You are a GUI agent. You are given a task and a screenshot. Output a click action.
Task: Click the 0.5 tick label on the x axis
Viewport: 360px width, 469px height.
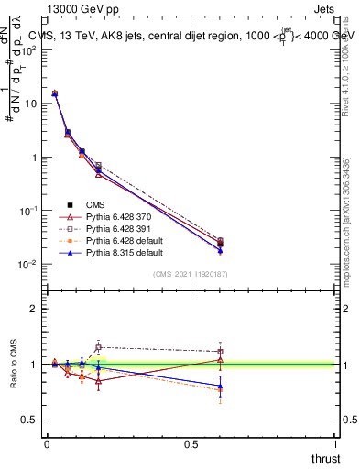(x=191, y=444)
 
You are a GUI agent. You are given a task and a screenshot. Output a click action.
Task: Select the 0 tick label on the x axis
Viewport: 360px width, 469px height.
(x=47, y=444)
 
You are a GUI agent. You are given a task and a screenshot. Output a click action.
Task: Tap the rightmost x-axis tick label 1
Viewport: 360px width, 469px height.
(x=336, y=444)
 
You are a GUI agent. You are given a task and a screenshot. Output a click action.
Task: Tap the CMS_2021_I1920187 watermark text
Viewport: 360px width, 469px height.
(x=191, y=275)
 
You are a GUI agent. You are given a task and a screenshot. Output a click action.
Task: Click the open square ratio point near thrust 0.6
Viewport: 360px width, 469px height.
(x=220, y=352)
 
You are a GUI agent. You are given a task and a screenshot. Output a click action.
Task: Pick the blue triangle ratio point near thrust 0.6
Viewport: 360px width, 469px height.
(x=220, y=386)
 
